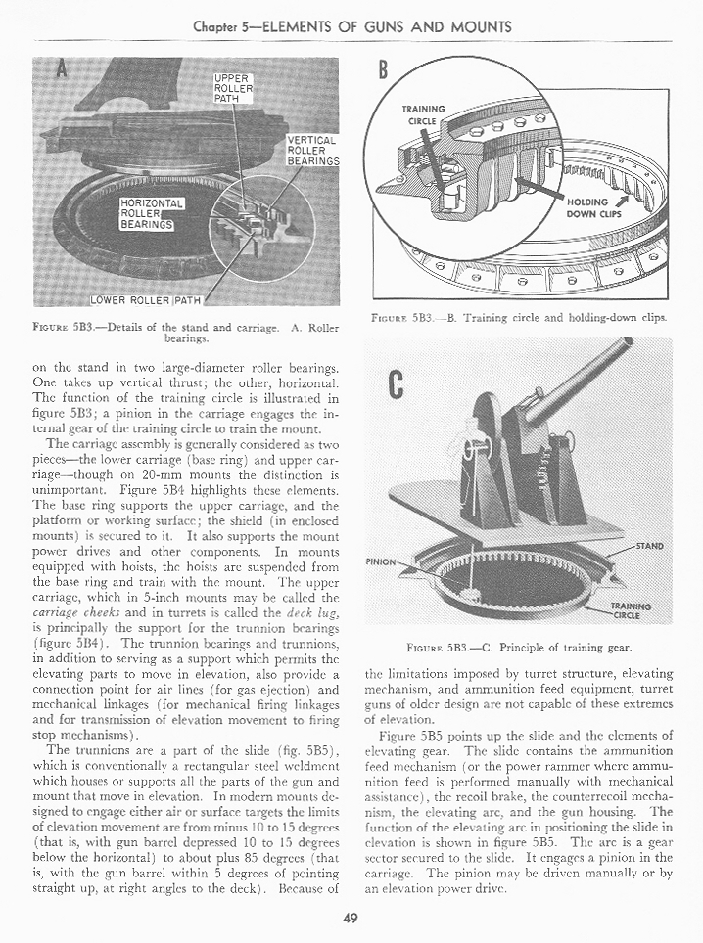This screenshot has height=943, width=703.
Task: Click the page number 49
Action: (351, 917)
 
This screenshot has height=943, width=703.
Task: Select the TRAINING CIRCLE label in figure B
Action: (423, 115)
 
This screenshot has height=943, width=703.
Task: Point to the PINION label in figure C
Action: (380, 562)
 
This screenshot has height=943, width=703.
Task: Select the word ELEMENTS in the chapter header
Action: (316, 26)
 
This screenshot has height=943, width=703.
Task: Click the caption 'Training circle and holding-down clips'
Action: (563, 318)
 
